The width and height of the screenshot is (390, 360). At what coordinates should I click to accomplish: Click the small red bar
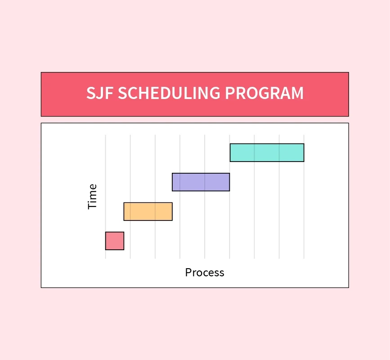point(114,241)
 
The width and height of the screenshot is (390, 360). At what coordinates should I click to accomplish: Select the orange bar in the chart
point(148,211)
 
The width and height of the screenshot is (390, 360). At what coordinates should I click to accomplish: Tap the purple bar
point(201,182)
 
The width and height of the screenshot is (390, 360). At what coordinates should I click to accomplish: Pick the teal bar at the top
point(267,153)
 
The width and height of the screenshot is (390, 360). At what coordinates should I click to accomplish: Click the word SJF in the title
point(100,93)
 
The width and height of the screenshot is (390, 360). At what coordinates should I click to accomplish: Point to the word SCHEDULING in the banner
point(169,93)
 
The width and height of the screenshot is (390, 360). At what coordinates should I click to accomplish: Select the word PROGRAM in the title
point(264,93)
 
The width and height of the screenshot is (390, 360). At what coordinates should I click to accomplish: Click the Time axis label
point(92,196)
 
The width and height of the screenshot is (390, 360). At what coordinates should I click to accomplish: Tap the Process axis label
point(205,272)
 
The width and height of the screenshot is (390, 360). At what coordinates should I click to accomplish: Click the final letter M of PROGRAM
point(297,93)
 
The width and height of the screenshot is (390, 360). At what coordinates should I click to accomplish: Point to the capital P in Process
point(188,272)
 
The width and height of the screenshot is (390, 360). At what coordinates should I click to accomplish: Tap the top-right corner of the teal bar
point(304,144)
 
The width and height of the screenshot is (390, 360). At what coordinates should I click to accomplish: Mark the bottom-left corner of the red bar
point(106,249)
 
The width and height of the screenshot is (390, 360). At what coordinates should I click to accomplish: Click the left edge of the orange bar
point(124,211)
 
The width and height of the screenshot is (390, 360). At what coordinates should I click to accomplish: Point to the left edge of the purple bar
point(172,182)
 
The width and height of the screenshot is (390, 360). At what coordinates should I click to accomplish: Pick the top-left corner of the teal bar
point(230,144)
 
